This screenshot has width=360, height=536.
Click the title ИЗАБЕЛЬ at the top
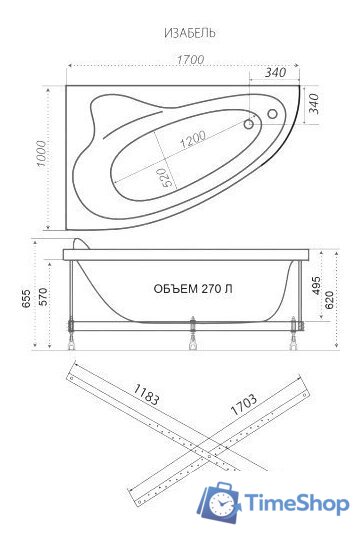(190, 33)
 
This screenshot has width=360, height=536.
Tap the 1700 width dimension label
(190, 59)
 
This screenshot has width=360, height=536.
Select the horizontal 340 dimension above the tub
(276, 72)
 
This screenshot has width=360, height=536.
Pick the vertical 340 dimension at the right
(314, 104)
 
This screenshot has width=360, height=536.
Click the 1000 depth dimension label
(42, 154)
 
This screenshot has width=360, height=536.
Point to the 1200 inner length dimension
(193, 139)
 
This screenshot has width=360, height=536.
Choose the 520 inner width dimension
(164, 177)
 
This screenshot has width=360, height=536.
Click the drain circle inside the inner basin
(249, 124)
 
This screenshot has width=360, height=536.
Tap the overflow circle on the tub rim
(272, 114)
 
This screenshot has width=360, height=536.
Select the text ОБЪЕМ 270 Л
(193, 289)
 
